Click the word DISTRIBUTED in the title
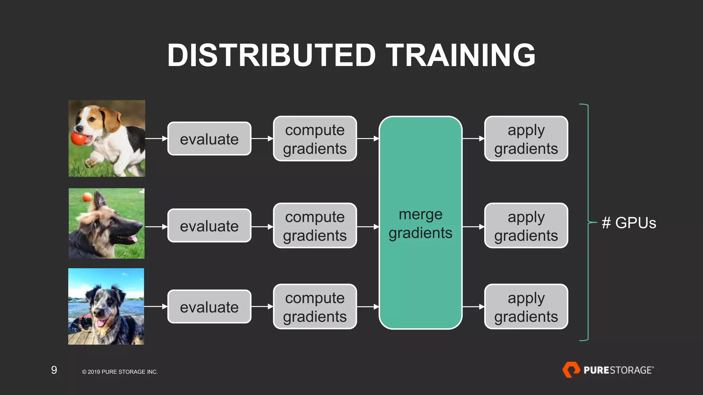tap(272, 55)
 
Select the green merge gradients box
tap(420, 223)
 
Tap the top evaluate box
tap(209, 139)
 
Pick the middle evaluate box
tap(209, 226)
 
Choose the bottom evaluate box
tap(209, 307)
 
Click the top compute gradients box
tap(315, 139)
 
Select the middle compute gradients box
tap(315, 226)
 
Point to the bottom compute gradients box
tap(315, 307)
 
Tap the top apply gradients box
tap(526, 139)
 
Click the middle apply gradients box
tap(526, 226)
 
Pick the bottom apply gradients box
tap(526, 307)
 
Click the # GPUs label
tap(629, 223)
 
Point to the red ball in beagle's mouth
tap(79, 139)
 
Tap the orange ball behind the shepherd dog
tap(87, 197)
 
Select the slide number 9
tap(54, 370)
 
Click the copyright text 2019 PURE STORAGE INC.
tap(120, 372)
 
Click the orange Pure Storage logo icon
tap(571, 370)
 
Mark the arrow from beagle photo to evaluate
tap(156, 139)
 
